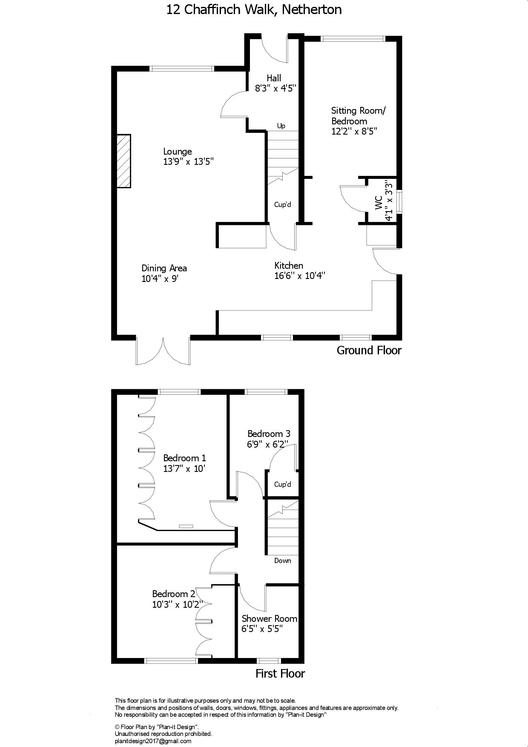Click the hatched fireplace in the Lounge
[123, 161]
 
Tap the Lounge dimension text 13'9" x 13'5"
[188, 162]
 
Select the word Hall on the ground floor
[274, 78]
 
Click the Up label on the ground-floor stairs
[281, 126]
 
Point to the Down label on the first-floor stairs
[283, 560]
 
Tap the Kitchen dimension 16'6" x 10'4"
[300, 276]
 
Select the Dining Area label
[164, 268]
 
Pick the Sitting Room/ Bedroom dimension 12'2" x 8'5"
[354, 132]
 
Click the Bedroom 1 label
[185, 458]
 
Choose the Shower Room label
[270, 619]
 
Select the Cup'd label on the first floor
[283, 484]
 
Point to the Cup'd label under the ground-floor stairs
[283, 204]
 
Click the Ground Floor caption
[369, 351]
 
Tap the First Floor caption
[280, 673]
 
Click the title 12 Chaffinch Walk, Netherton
[254, 9]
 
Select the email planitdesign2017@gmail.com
[153, 741]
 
